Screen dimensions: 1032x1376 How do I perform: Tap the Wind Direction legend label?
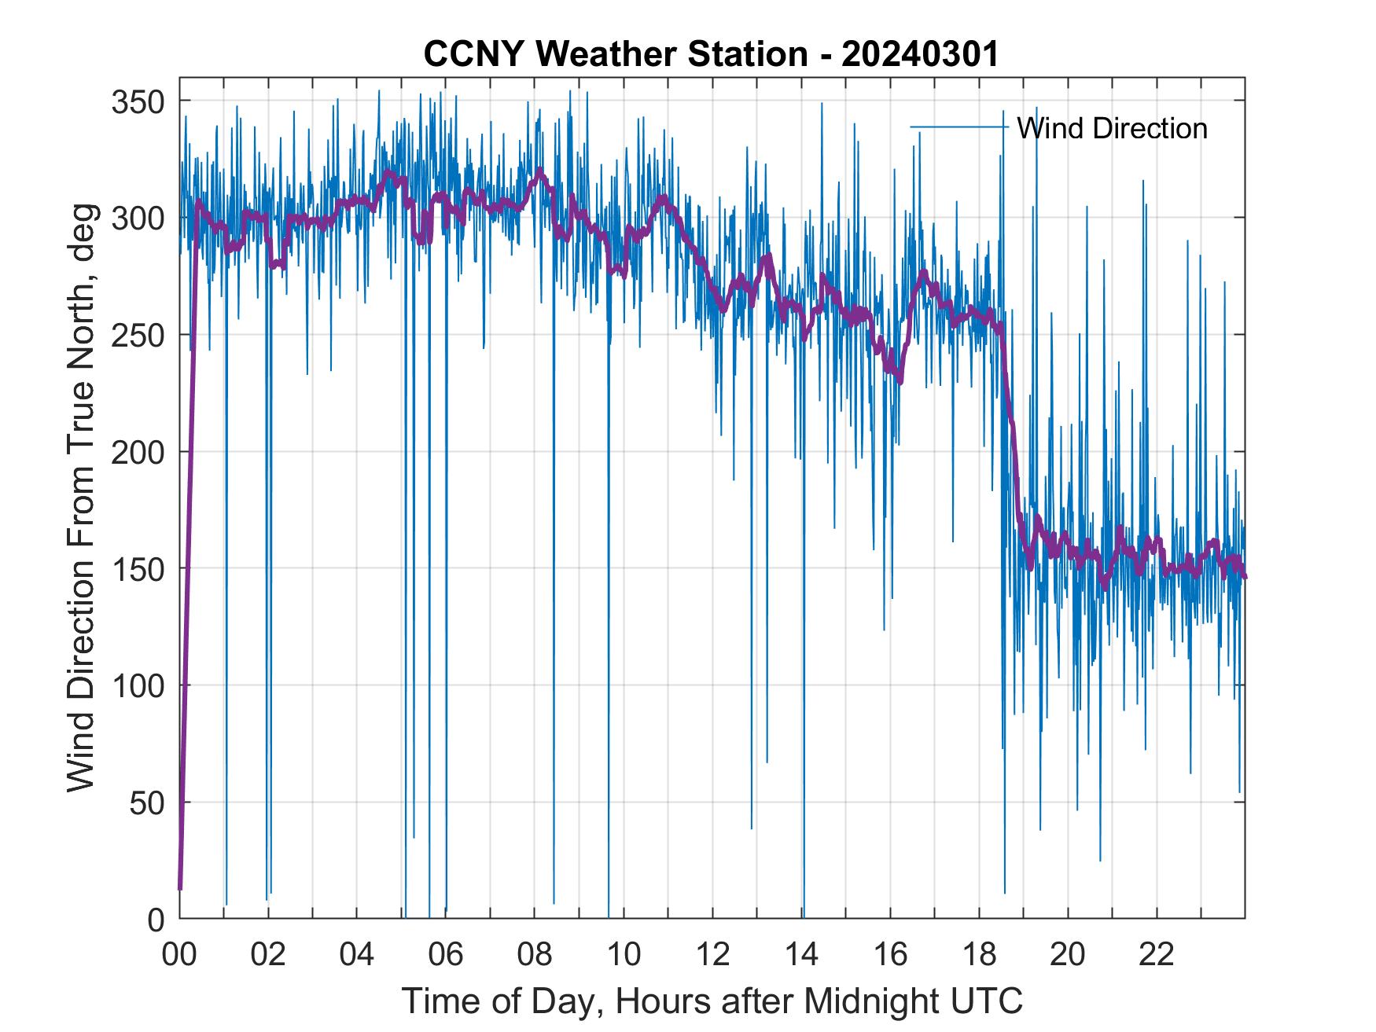(x=1112, y=128)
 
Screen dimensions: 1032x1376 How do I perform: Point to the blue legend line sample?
(x=958, y=127)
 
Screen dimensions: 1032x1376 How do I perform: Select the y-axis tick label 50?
(x=147, y=802)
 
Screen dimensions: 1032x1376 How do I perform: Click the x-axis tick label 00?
(x=179, y=955)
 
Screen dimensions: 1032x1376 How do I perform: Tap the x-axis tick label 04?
(x=357, y=955)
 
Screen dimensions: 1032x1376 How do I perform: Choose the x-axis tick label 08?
(x=535, y=955)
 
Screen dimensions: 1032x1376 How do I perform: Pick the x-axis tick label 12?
(x=712, y=955)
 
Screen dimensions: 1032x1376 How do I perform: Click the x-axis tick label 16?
(x=890, y=955)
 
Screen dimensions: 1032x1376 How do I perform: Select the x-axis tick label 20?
(x=1068, y=955)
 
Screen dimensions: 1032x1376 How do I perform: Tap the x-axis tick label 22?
(x=1157, y=955)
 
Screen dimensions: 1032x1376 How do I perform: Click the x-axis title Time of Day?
(x=712, y=1001)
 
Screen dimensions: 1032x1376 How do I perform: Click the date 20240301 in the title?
(x=920, y=54)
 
